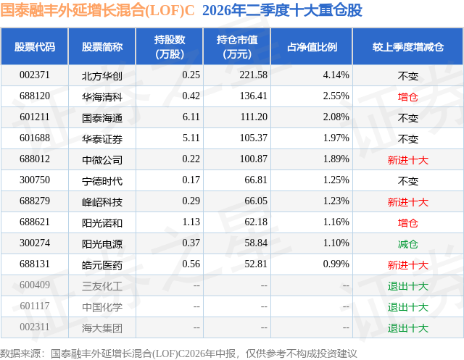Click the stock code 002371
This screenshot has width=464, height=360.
pos(35,75)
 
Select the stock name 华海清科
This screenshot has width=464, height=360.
pos(102,96)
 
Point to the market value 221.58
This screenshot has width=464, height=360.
pos(254,75)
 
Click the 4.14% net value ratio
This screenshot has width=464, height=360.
pos(336,75)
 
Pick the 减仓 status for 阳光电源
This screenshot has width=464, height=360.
pos(407,244)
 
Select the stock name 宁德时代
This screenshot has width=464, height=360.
pos(102,180)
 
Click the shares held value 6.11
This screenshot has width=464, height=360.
pos(191,117)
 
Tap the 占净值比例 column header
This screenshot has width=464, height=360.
pos(312,47)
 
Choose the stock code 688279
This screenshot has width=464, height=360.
pos(35,201)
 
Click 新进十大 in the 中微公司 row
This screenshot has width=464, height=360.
pos(407,160)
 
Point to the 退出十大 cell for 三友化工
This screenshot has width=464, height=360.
pos(407,286)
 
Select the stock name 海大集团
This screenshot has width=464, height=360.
pos(102,328)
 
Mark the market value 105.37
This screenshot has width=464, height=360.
pos(254,138)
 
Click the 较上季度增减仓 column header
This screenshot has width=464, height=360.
pos(408,47)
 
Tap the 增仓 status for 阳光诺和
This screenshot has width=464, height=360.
pos(407,223)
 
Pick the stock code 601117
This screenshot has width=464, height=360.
pos(35,306)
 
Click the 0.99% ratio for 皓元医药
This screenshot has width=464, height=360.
pos(336,264)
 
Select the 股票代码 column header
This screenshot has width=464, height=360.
pos(35,47)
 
